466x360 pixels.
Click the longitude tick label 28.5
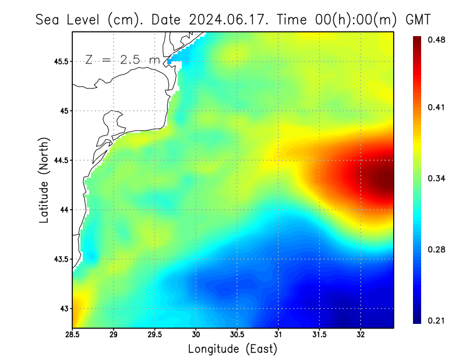(x=72, y=335)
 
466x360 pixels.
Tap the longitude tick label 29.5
(x=154, y=335)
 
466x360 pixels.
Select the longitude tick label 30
(x=196, y=335)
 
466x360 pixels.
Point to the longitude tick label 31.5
(x=319, y=335)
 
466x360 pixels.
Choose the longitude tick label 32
(x=361, y=335)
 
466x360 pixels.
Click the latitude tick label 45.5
(x=60, y=61)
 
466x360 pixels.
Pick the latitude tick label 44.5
(x=60, y=160)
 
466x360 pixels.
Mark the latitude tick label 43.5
(x=60, y=259)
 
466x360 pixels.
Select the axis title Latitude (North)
(x=44, y=180)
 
